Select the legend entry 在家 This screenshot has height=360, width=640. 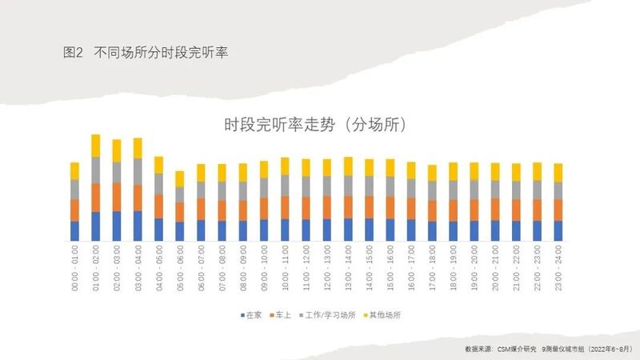point(254,315)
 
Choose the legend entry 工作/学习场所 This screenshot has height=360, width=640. point(337,315)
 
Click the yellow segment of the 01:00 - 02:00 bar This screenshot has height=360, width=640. point(96,146)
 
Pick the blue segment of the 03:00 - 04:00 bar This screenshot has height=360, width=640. point(138,226)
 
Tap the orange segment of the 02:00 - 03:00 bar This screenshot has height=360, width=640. point(117,197)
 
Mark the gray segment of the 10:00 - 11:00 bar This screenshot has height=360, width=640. point(285,186)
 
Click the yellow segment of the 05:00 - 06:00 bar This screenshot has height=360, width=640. point(180,178)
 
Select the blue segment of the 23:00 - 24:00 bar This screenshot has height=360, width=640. point(558,230)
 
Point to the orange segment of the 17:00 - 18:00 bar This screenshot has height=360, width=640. point(432,210)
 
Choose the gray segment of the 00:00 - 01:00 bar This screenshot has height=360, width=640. point(74,190)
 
